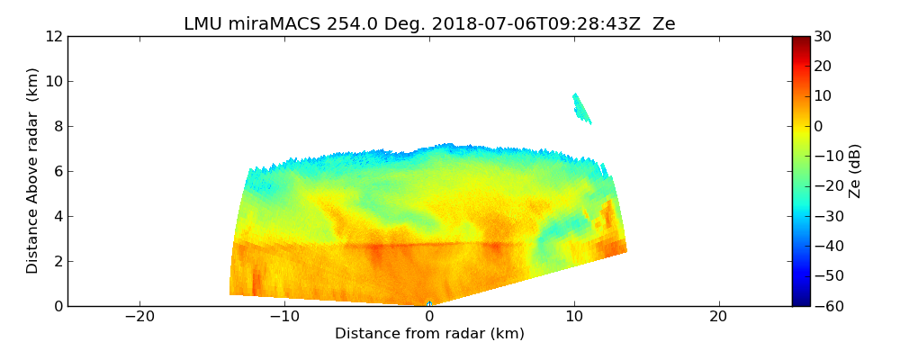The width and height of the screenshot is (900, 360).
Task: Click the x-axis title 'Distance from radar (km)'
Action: point(429,334)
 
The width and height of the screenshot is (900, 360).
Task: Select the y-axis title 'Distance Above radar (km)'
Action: point(33,170)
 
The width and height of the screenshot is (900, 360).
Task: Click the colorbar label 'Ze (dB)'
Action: point(855,170)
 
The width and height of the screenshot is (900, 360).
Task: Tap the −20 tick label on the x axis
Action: point(139,317)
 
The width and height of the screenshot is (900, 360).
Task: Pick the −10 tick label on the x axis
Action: point(284,317)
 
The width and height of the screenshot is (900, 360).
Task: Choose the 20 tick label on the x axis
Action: point(718,317)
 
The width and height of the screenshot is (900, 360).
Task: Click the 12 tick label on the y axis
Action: point(53,36)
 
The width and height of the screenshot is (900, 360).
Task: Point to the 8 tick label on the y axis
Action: point(58,126)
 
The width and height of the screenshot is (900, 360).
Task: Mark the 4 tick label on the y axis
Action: point(58,216)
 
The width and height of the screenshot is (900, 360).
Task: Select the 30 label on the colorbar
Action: point(823,36)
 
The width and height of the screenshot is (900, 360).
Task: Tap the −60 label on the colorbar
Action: point(825,306)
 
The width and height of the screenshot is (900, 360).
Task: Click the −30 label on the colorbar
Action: point(825,216)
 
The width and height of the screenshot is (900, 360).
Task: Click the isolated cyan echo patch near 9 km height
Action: point(581,109)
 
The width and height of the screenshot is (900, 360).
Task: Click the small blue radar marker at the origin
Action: point(429,304)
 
